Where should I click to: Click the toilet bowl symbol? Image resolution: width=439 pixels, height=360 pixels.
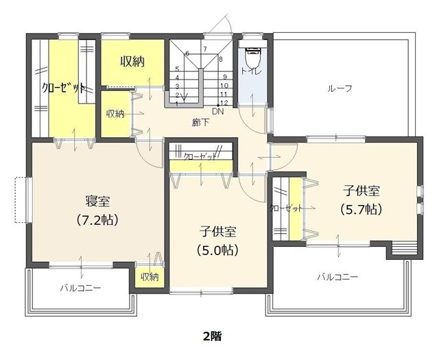tap(252, 57)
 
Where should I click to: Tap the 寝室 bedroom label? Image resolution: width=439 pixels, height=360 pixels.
tap(97, 202)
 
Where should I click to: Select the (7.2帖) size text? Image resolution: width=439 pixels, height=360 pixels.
tap(97, 219)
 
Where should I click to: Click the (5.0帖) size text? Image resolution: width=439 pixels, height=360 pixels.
tap(218, 250)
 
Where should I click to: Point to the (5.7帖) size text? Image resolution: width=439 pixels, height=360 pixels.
tap(361, 209)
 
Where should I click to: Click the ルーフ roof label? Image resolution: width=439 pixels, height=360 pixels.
tap(340, 88)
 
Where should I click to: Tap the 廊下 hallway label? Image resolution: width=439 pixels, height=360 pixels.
tap(200, 122)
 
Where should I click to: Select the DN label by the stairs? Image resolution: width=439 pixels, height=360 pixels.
tap(218, 111)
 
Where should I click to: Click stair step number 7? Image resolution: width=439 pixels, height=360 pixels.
tap(205, 49)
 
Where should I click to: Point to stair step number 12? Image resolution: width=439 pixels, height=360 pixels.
tap(224, 103)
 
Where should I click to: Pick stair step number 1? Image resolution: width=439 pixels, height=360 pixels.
tap(177, 104)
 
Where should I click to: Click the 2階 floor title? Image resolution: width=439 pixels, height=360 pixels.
tap(212, 336)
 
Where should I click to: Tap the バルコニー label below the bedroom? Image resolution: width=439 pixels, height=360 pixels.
tap(81, 287)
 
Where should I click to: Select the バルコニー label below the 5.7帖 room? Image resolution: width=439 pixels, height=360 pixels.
tap(337, 277)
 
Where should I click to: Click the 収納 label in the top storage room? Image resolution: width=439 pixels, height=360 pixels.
tap(132, 61)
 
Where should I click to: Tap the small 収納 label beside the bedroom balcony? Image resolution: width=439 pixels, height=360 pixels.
tap(150, 277)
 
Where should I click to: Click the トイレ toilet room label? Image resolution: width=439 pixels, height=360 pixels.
tap(251, 71)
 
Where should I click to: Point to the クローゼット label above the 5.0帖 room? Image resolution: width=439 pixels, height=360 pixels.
tap(200, 156)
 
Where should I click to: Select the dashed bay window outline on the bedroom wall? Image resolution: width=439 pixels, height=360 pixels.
tap(21, 200)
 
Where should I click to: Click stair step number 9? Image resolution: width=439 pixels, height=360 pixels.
tap(225, 77)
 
